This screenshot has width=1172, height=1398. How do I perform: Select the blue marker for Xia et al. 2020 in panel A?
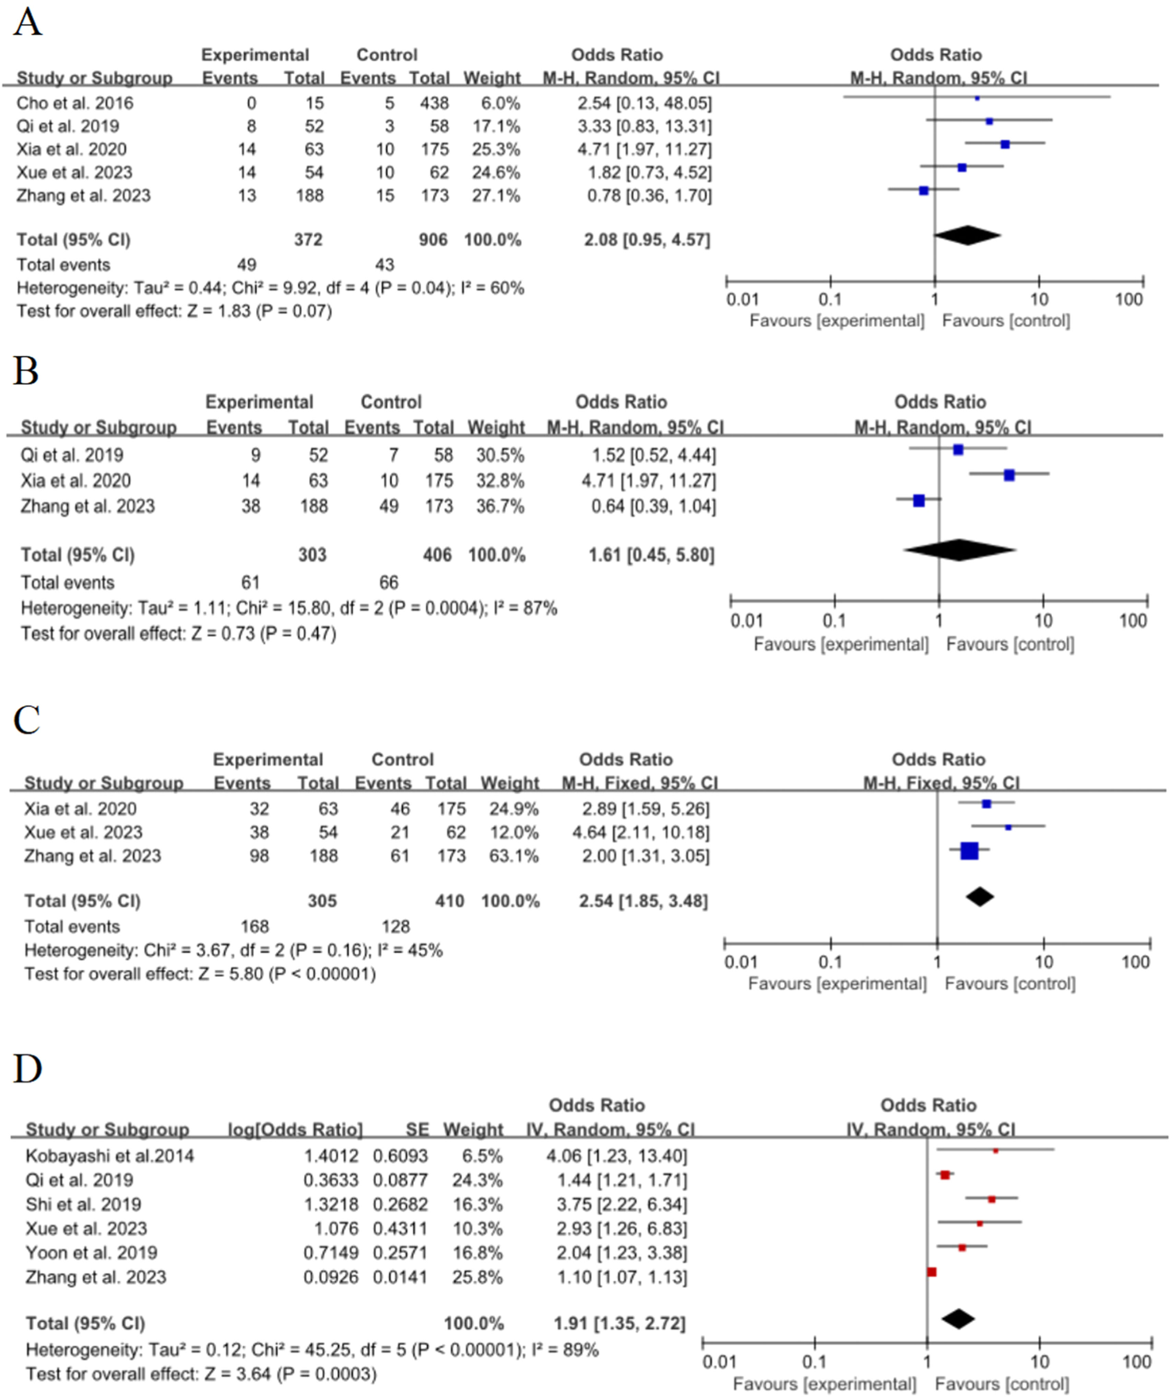(1005, 144)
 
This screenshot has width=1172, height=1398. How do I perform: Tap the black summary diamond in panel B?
(959, 550)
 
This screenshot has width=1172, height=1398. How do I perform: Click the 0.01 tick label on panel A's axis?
(742, 299)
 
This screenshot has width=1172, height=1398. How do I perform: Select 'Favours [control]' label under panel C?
(1010, 984)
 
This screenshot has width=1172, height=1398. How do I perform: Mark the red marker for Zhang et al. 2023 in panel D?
(932, 1272)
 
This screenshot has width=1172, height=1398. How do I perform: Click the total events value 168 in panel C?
(255, 927)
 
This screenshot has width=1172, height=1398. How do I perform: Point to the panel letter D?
(27, 1068)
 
